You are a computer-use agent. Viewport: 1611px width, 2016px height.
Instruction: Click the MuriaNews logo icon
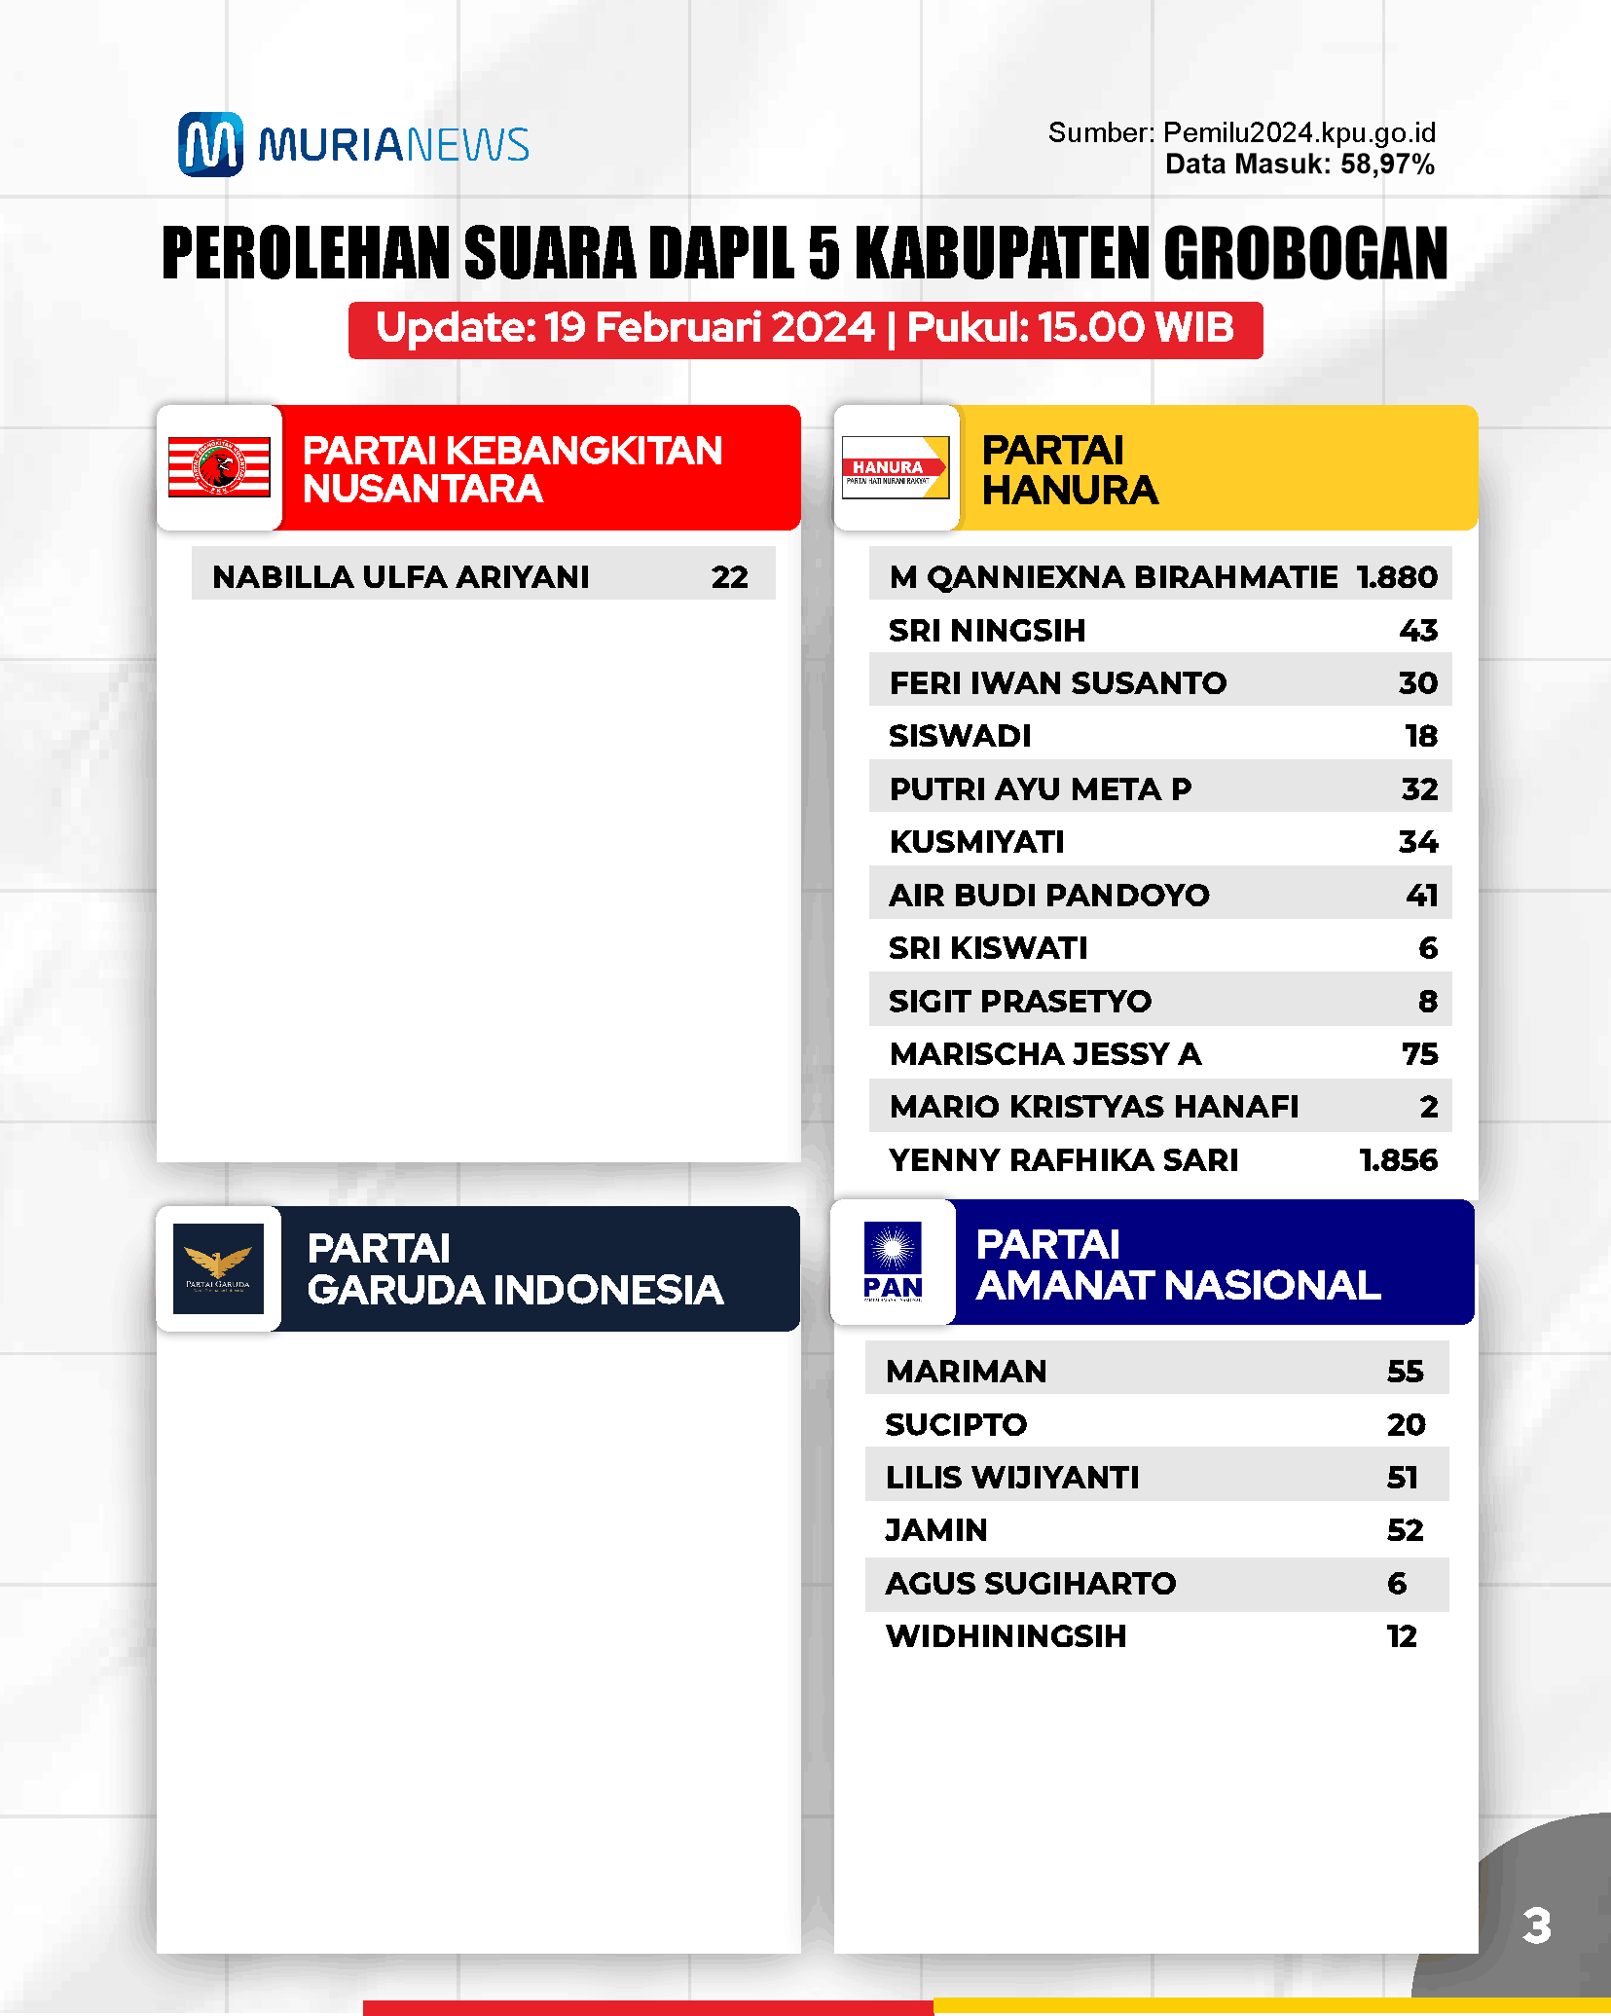pos(210,144)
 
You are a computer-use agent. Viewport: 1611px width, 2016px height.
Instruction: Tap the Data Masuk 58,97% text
pos(1300,164)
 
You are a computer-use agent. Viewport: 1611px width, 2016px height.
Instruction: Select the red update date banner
pos(805,329)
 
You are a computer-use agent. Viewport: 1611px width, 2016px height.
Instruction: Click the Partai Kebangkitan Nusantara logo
pos(219,467)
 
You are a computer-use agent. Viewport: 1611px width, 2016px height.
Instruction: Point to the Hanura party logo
pos(895,467)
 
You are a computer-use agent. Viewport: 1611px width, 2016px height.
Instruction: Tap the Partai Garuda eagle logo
pos(218,1267)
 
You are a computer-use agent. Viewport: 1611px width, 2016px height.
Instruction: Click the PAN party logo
pos(893,1262)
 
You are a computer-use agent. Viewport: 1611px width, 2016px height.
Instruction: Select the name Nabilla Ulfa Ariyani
pos(400,576)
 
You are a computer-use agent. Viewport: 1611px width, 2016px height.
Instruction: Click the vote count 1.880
pos(1397,576)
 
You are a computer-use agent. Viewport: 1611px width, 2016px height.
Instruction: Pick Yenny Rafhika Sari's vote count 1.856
pos(1398,1159)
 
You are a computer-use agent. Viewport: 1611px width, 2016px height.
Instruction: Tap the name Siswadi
pos(960,736)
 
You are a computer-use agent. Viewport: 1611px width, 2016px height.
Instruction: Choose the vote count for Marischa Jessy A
pos(1419,1053)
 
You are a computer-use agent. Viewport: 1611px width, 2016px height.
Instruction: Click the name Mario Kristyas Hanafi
pos(1093,1107)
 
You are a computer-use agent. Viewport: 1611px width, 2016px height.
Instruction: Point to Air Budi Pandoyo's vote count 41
pos(1421,895)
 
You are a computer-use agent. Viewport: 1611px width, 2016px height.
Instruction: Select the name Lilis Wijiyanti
pos(1012,1477)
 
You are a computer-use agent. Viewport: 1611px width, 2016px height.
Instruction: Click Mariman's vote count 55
pos(1405,1371)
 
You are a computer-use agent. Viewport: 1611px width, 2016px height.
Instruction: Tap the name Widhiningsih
pos(1006,1635)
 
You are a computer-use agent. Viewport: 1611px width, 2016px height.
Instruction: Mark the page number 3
pos(1536,1925)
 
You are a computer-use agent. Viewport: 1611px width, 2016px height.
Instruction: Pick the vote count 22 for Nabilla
pos(729,576)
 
